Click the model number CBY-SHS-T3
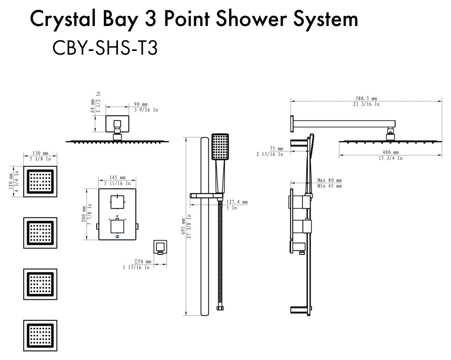pyautogui.click(x=105, y=48)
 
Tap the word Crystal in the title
pyautogui.click(x=63, y=20)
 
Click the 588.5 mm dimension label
pyautogui.click(x=366, y=98)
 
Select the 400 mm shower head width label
pyautogui.click(x=390, y=152)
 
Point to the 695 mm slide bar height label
pyautogui.click(x=183, y=226)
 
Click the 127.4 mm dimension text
pyautogui.click(x=237, y=202)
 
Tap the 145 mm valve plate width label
pyautogui.click(x=118, y=178)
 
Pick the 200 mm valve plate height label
pyautogui.click(x=84, y=214)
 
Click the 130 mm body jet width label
pyautogui.click(x=40, y=154)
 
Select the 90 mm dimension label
pyautogui.click(x=141, y=104)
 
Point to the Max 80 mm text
pyautogui.click(x=329, y=180)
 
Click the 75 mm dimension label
pyautogui.click(x=277, y=149)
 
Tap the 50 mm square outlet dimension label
pyautogui.click(x=143, y=262)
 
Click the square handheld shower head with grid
pyautogui.click(x=220, y=147)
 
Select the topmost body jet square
pyautogui.click(x=40, y=181)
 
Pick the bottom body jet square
pyautogui.click(x=40, y=335)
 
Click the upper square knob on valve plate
pyautogui.click(x=118, y=202)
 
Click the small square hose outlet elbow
pyautogui.click(x=160, y=247)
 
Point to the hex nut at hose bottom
pyautogui.click(x=220, y=308)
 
